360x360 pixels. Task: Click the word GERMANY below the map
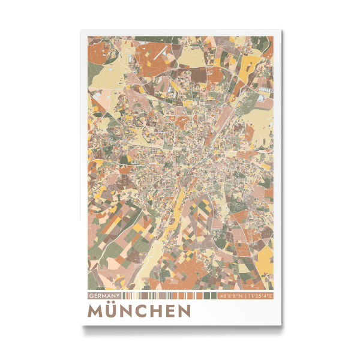105,296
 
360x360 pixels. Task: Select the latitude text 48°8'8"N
231,296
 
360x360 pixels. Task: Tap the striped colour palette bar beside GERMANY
171,296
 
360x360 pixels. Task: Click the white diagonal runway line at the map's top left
157,53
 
